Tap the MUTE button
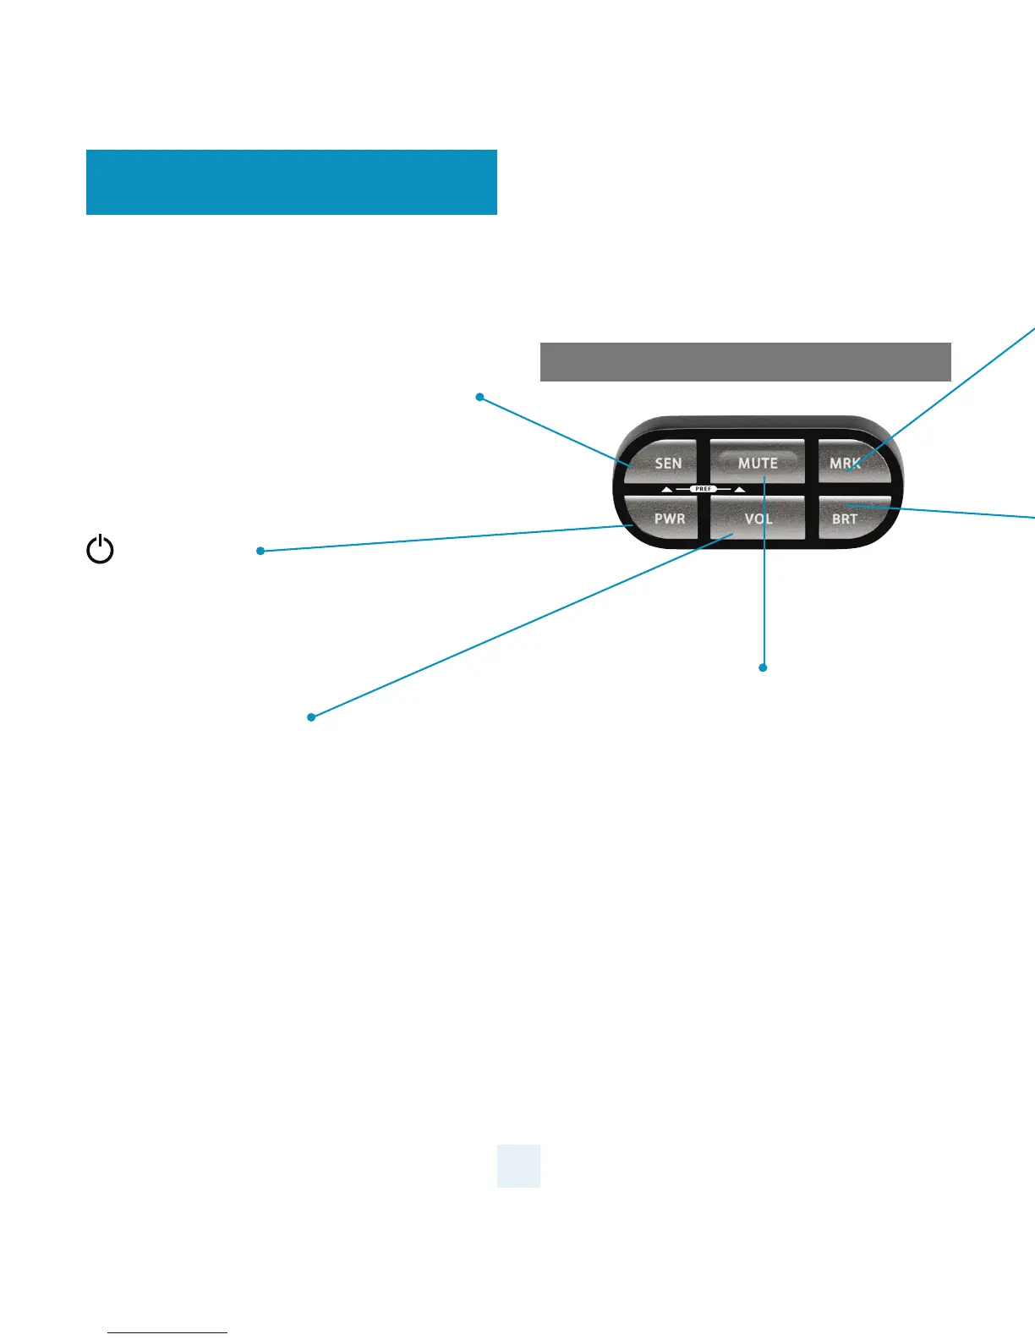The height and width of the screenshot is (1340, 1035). click(757, 462)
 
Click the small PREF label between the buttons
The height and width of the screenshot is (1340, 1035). click(704, 489)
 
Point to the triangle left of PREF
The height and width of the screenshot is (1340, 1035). click(667, 490)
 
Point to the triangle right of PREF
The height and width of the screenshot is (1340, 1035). click(740, 490)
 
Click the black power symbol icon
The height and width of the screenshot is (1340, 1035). click(101, 550)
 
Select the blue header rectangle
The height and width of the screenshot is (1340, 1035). click(291, 182)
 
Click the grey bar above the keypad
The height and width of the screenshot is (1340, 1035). click(745, 362)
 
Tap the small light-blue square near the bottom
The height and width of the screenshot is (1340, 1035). click(518, 1166)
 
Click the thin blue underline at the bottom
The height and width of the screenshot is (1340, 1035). click(167, 1332)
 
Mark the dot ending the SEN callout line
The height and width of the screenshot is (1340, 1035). click(479, 397)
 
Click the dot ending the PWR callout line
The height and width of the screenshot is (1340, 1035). click(260, 551)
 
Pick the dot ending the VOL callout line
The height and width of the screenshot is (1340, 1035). click(311, 717)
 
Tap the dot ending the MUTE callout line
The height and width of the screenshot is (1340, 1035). click(763, 667)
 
